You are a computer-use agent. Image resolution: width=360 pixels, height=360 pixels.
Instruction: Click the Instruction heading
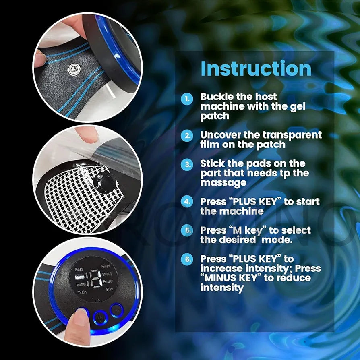[x=256, y=68]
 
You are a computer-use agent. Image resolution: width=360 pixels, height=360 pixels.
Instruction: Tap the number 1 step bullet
[x=187, y=99]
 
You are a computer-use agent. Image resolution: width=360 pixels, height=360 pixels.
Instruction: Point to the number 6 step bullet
[x=187, y=259]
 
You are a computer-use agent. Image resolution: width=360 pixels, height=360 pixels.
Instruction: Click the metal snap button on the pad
[x=73, y=69]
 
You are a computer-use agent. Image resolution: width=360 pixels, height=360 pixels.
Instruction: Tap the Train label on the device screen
[x=82, y=292]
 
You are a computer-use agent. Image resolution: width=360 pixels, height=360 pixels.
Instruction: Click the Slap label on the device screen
[x=109, y=290]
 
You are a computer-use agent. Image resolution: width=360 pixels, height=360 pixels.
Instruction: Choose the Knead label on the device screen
[x=105, y=267]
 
